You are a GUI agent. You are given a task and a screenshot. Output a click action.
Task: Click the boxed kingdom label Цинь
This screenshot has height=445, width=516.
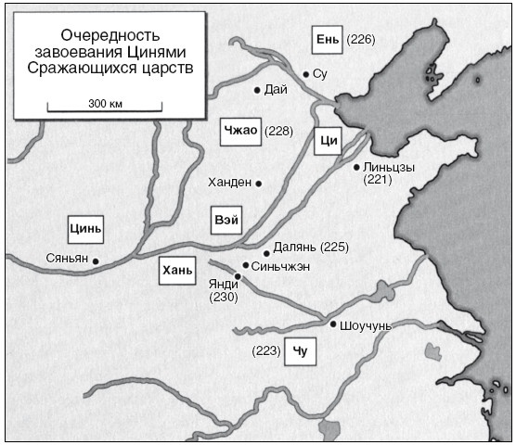(x=84, y=227)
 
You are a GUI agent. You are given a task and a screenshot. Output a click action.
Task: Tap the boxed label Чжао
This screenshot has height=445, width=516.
(x=239, y=132)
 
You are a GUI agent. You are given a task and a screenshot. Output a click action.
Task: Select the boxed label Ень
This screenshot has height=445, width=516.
(x=327, y=40)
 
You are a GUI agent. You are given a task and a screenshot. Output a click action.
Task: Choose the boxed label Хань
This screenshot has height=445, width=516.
(x=176, y=270)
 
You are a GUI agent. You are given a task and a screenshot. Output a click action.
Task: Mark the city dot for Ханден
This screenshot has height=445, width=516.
(x=259, y=184)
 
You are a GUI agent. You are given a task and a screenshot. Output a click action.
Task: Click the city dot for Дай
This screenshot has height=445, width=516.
(x=257, y=90)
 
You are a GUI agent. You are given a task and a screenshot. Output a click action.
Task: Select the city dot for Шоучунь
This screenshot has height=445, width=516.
(x=333, y=324)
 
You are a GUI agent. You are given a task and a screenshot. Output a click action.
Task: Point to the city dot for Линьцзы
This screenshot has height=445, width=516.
(x=356, y=167)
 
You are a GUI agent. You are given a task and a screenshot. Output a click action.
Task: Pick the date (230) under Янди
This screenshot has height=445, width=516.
(x=225, y=298)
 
